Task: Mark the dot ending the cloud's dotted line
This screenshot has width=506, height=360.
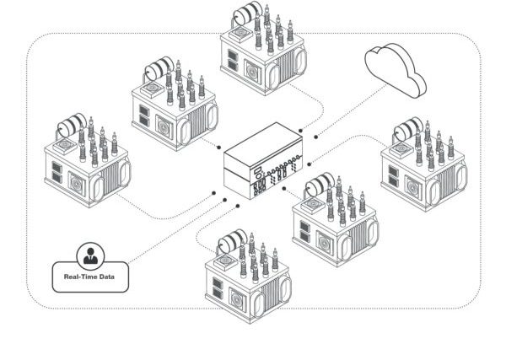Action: (315, 134)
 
